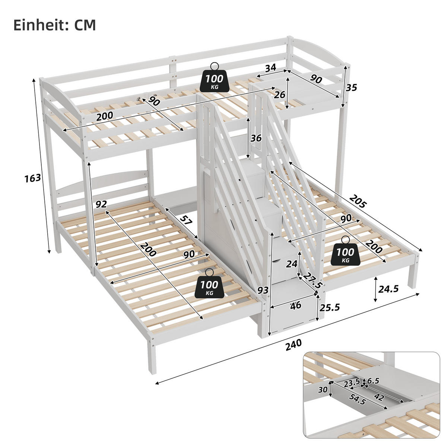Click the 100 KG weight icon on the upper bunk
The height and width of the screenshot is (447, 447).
pyautogui.click(x=214, y=79)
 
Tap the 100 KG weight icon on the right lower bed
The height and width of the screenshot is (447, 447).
pyautogui.click(x=345, y=253)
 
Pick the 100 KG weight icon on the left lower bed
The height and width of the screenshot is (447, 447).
pyautogui.click(x=209, y=286)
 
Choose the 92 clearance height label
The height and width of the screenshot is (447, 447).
pyautogui.click(x=101, y=204)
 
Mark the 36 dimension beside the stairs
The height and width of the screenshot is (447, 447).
pyautogui.click(x=256, y=138)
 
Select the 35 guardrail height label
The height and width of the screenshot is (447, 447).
pyautogui.click(x=351, y=88)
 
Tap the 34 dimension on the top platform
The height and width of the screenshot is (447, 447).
pyautogui.click(x=270, y=68)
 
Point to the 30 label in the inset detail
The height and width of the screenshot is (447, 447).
pyautogui.click(x=323, y=390)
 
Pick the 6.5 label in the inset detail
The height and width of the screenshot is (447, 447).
pyautogui.click(x=373, y=381)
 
